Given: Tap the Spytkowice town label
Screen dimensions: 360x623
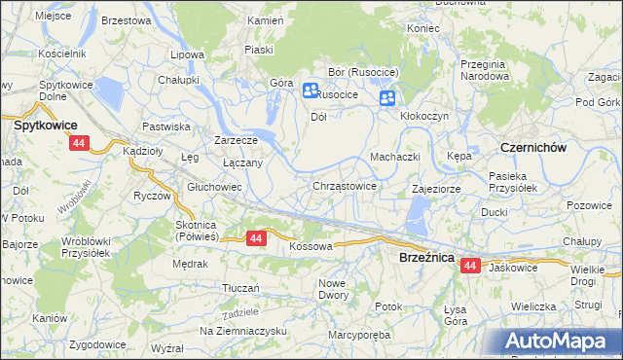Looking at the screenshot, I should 44,126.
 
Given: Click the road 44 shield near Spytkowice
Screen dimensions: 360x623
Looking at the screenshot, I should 79,143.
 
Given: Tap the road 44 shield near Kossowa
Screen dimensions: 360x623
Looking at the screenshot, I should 256,237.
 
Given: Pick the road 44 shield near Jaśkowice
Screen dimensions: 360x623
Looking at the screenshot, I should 470,265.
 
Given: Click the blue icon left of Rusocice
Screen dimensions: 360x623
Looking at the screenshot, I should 311,91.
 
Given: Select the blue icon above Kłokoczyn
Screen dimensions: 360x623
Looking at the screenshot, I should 387,97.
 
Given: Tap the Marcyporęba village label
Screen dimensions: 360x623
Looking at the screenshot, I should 361,337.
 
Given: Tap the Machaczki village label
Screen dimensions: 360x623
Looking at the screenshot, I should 394,157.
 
